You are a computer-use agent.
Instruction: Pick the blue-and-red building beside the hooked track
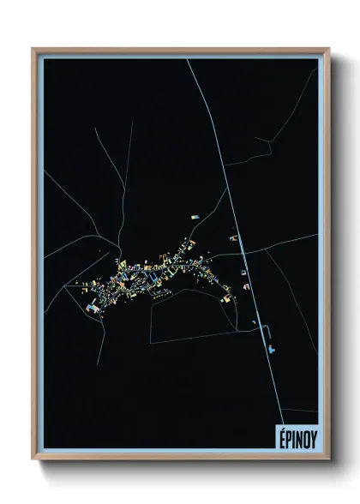pyautogui.click(x=272, y=348)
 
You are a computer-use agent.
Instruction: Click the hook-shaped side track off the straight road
pyautogui.click(x=268, y=333)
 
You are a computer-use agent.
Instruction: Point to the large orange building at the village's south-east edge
pyautogui.click(x=227, y=298)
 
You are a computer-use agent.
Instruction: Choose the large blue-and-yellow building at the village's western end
pyautogui.click(x=93, y=304)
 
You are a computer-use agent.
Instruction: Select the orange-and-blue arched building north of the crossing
pyautogui.click(x=232, y=237)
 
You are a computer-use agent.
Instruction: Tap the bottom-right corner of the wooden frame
pyautogui.click(x=328, y=458)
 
